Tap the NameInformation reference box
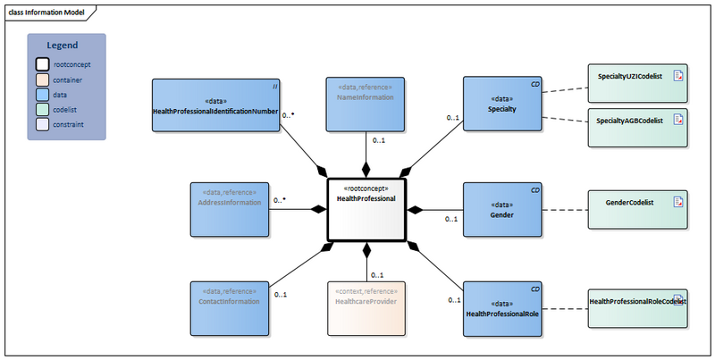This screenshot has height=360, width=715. [x=366, y=105]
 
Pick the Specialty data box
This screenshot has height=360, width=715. [x=502, y=105]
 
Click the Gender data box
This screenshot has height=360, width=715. [x=502, y=210]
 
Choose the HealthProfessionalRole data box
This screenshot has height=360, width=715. [x=502, y=309]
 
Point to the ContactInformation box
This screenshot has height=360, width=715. [x=230, y=309]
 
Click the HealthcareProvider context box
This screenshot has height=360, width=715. [x=366, y=309]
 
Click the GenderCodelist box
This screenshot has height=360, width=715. [x=636, y=211]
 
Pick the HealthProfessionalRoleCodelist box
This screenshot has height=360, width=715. [x=636, y=309]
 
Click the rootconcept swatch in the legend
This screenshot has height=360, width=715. [x=42, y=64]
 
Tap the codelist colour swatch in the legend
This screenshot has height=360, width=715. [x=42, y=109]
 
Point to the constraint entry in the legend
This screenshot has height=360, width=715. [x=68, y=124]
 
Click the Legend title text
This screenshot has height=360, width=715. [x=63, y=45]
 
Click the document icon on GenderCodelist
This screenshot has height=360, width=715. [x=678, y=202]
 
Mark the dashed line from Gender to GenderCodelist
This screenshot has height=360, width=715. [x=564, y=210]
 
